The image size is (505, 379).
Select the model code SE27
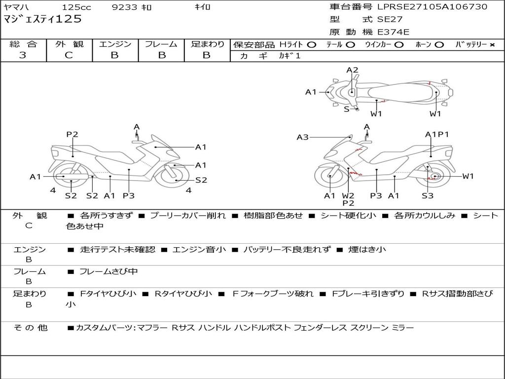click(390, 19)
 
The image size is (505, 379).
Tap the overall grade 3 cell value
click(22, 55)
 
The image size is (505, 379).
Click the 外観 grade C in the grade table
click(69, 55)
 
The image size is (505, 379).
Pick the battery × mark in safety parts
click(492, 45)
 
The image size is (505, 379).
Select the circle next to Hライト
click(312, 45)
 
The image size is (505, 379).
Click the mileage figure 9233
click(124, 7)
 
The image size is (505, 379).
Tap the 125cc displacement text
click(76, 7)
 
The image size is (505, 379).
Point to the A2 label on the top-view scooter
click(352, 70)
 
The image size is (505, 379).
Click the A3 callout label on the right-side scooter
click(302, 137)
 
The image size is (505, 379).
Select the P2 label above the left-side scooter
click(72, 134)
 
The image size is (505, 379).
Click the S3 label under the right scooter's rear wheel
click(428, 195)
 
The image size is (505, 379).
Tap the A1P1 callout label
click(437, 134)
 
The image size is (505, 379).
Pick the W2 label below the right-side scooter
click(348, 195)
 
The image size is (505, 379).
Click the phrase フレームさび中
click(108, 272)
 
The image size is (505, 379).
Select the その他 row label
click(30, 328)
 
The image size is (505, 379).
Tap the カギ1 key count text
click(289, 56)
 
